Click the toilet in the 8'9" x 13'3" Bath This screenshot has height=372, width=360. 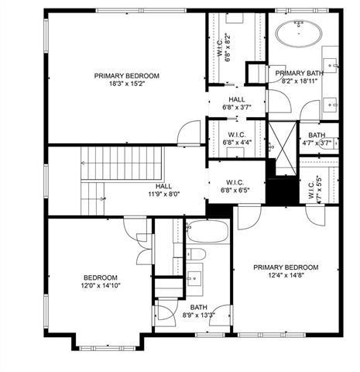click(197, 255)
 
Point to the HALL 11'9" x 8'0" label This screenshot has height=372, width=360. click(163, 191)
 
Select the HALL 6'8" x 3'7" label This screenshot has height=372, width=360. click(237, 103)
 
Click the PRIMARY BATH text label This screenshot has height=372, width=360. click(296, 73)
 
